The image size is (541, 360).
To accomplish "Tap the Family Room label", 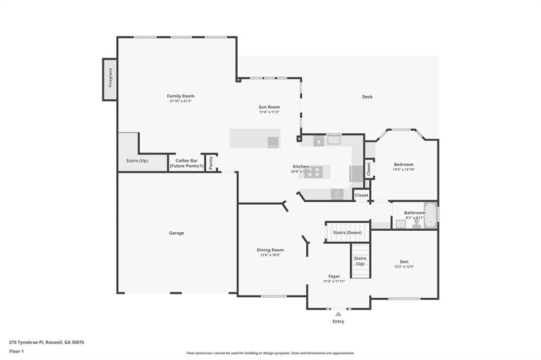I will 181,96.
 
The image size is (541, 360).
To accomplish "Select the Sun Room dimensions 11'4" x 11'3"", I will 269,112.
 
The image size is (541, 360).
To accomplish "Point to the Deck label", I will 367,97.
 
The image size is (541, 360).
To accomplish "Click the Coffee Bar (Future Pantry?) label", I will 186,163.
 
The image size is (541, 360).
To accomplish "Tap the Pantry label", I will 211,163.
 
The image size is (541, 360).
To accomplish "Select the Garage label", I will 176,233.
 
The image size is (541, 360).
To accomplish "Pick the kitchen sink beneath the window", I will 333,140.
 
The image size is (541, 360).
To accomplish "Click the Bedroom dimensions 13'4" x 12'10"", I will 403,169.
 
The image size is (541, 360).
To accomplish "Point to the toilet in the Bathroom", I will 416,223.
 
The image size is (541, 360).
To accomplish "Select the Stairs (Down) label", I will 347,232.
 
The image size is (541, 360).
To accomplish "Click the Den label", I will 404,262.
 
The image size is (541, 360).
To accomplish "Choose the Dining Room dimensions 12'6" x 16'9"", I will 270,255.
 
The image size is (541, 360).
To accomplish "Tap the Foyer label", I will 334,276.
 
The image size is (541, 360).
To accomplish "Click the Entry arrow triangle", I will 338,314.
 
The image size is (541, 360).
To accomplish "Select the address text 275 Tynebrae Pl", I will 26,342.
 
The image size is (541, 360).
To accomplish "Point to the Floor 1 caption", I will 16,351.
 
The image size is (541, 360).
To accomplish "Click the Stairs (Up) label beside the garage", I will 137,160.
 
